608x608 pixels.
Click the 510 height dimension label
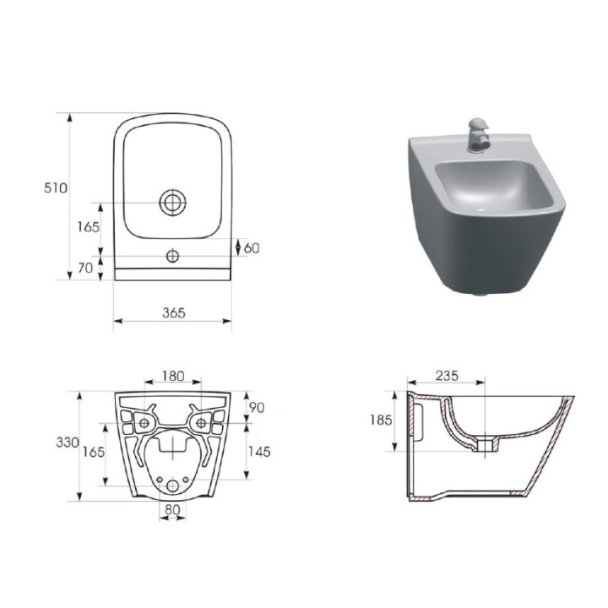[56, 188]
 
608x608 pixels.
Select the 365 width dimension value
[173, 312]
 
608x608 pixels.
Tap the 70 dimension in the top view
[85, 269]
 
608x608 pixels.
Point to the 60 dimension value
[252, 247]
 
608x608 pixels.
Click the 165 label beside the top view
[88, 226]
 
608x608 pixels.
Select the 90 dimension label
[257, 407]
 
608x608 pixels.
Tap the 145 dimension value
[259, 452]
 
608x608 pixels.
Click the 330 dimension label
[68, 442]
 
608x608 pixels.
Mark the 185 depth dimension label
[381, 420]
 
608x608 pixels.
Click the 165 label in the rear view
[93, 452]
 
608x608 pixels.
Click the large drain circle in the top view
[172, 202]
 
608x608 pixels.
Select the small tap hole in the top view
[172, 255]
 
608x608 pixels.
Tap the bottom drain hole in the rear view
[172, 485]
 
